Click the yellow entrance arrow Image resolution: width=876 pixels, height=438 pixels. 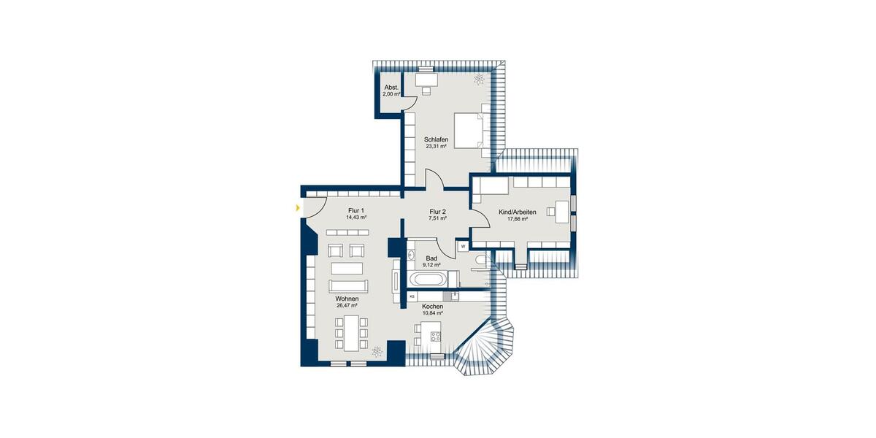[297, 209]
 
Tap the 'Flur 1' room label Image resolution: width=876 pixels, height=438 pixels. [356, 210]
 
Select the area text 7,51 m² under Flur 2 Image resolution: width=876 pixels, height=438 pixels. [437, 218]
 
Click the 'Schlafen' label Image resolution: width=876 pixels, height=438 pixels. [436, 139]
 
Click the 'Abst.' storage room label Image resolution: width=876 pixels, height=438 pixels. [391, 88]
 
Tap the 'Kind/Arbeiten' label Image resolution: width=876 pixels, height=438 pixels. [517, 212]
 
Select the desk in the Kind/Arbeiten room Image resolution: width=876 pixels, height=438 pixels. [561, 211]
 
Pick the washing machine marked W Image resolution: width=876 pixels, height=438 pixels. [463, 247]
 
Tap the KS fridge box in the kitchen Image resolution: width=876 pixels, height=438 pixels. [412, 296]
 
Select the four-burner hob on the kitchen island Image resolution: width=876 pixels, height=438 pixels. [436, 337]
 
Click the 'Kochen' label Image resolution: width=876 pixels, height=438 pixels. [432, 307]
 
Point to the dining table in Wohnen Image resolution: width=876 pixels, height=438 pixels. [350, 332]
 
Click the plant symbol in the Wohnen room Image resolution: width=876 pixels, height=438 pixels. [377, 351]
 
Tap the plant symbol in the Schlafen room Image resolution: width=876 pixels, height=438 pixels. [479, 79]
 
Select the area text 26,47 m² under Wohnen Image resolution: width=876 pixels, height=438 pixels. [347, 307]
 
